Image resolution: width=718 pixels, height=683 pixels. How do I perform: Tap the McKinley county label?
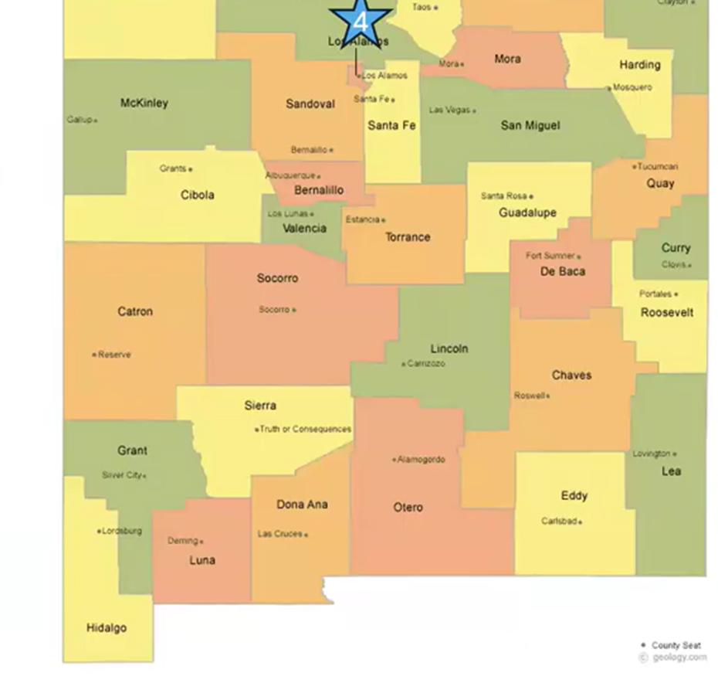click(x=144, y=103)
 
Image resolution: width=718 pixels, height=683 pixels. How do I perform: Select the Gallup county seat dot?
click(x=96, y=121)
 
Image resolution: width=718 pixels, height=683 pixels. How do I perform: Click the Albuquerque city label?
click(x=290, y=175)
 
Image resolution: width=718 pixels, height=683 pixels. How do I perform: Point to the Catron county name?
click(x=135, y=311)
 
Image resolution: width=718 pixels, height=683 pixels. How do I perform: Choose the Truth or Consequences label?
click(x=306, y=429)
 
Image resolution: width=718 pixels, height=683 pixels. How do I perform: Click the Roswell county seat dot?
click(x=548, y=396)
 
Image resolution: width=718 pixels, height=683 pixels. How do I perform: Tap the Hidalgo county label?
click(x=107, y=627)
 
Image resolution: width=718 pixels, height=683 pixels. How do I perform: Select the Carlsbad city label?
click(x=559, y=522)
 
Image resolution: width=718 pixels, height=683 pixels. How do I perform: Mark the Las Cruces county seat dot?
click(x=307, y=535)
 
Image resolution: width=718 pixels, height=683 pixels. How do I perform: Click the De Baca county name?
click(x=563, y=272)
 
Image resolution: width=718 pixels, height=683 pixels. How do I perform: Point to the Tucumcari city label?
click(x=659, y=166)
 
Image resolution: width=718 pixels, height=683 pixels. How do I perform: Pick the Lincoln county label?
click(x=449, y=348)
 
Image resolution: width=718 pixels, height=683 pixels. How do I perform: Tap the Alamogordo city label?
click(x=421, y=460)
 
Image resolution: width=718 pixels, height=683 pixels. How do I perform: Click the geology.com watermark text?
click(x=679, y=658)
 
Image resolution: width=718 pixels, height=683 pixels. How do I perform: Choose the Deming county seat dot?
click(x=202, y=542)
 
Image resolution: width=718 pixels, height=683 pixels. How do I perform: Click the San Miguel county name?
click(x=530, y=125)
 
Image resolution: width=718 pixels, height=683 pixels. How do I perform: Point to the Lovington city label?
click(x=652, y=454)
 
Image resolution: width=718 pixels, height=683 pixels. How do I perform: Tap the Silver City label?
click(x=122, y=475)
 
